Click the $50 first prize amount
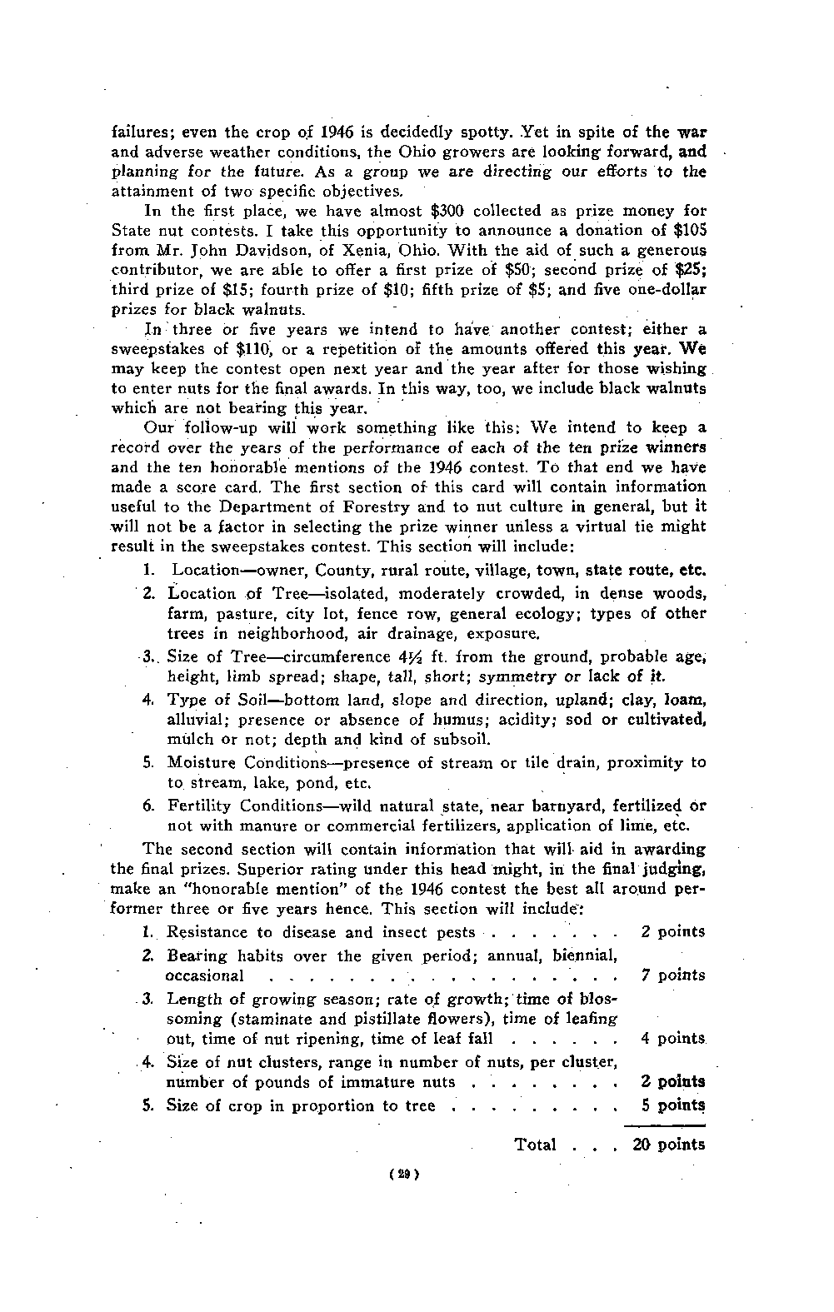click(505, 270)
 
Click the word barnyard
click(564, 806)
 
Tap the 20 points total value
click(668, 1144)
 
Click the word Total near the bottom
click(536, 1144)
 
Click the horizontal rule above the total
click(670, 1125)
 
